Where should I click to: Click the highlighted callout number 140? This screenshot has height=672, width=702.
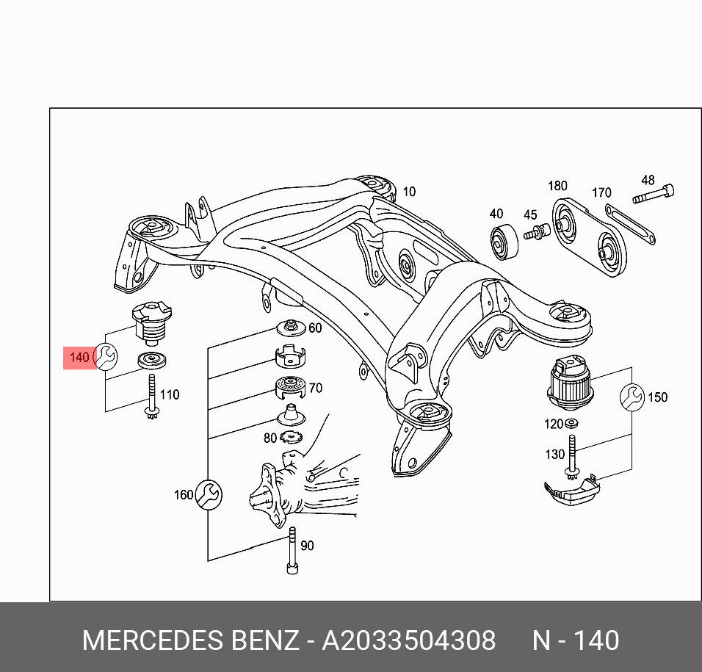(x=79, y=358)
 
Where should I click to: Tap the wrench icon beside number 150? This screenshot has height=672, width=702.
(x=632, y=397)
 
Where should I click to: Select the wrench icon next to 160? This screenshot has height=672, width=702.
(x=209, y=495)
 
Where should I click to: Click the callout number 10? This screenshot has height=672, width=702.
(x=409, y=192)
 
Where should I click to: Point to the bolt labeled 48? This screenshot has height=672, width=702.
(x=654, y=195)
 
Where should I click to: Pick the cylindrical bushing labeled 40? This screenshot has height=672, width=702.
(x=504, y=242)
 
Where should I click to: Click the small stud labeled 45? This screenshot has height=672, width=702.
(x=537, y=232)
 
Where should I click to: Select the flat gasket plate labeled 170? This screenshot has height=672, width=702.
(x=630, y=224)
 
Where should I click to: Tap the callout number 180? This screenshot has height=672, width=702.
(x=557, y=186)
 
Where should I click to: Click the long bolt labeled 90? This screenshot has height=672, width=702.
(x=292, y=550)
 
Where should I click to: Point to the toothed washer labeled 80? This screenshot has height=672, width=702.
(x=291, y=436)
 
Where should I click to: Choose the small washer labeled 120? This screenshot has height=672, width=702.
(x=571, y=422)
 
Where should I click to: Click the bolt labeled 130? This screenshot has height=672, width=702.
(x=572, y=457)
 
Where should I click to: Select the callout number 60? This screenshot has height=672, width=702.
(x=315, y=328)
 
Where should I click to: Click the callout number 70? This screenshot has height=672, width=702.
(x=315, y=388)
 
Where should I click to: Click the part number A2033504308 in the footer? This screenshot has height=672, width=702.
(x=409, y=640)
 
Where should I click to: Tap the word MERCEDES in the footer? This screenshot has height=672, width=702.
(x=153, y=640)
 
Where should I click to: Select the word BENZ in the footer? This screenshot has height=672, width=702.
(x=264, y=640)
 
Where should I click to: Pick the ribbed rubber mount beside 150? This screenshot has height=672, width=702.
(x=571, y=382)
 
